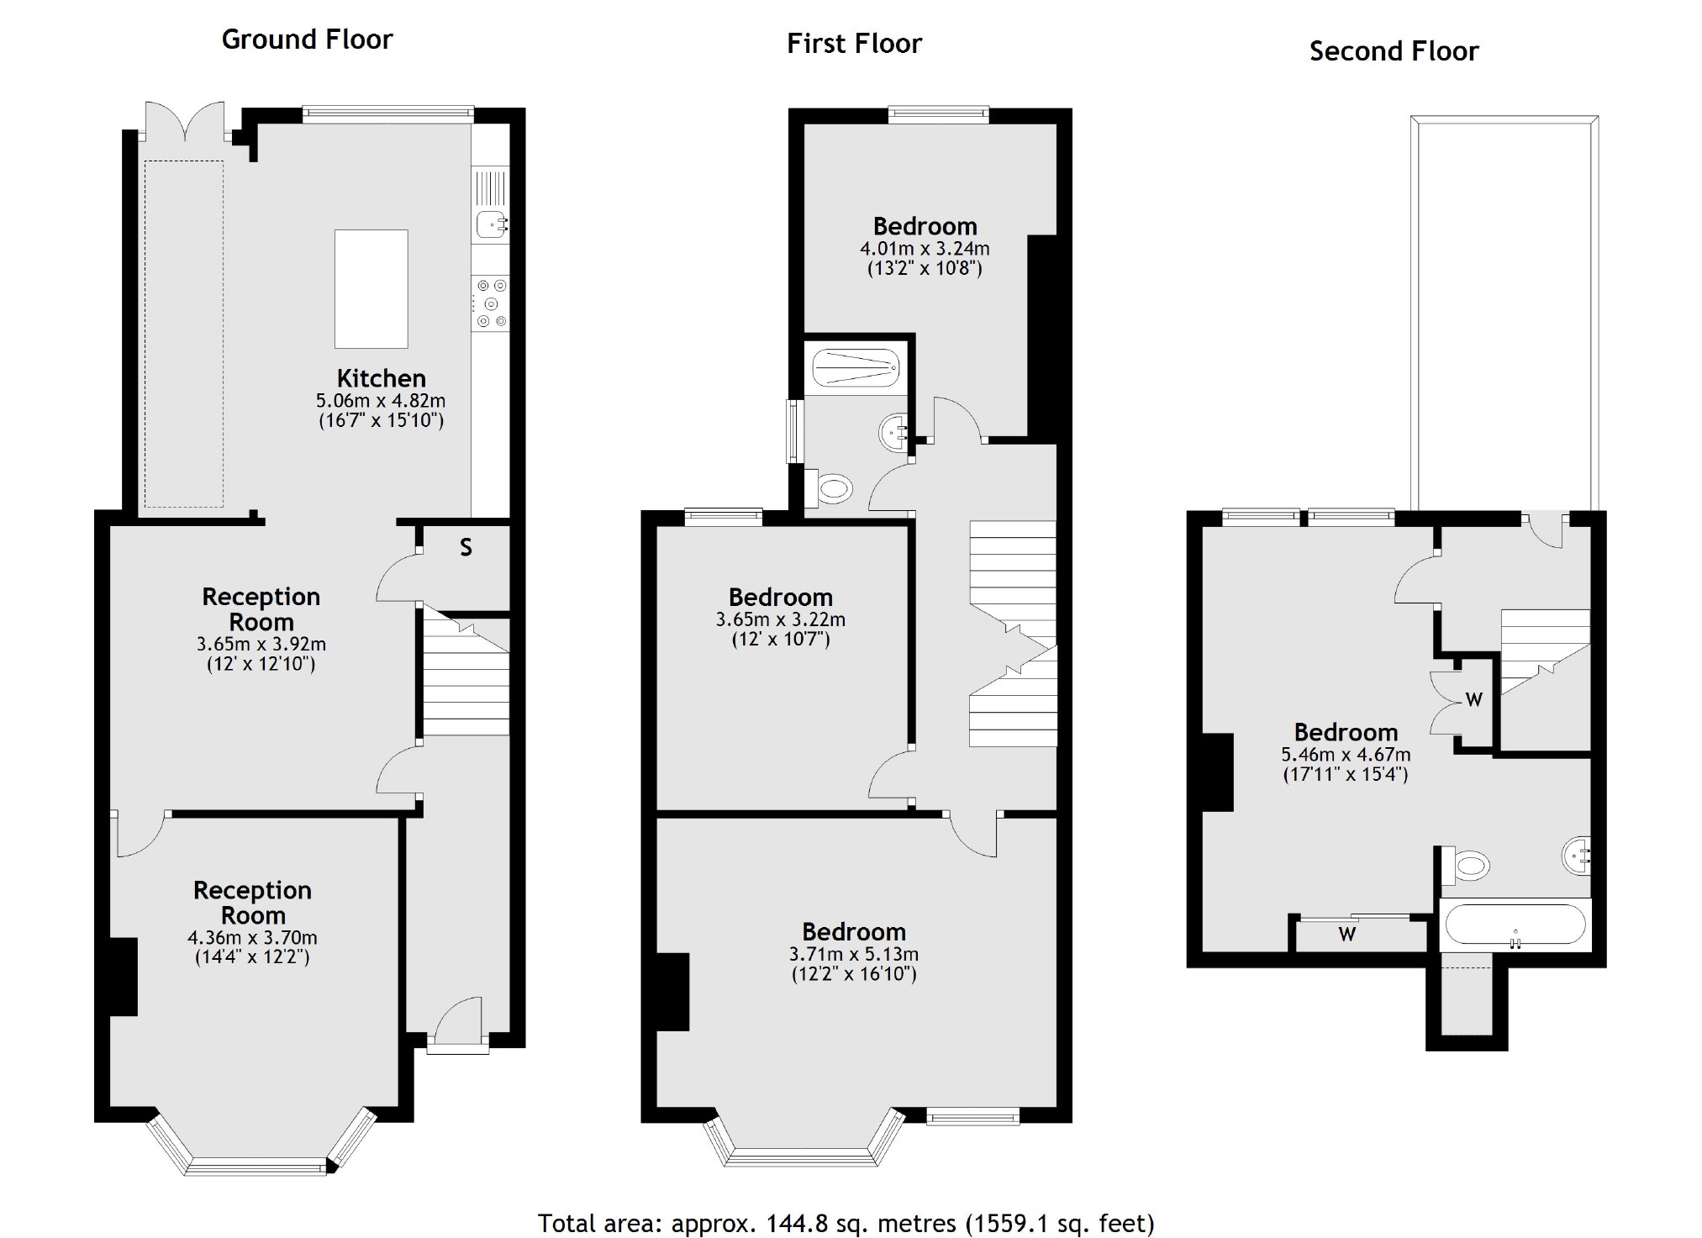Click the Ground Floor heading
coord(307,40)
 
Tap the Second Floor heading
coord(1393,51)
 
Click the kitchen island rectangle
coord(371,289)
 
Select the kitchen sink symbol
coord(491,224)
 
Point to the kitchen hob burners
coord(491,303)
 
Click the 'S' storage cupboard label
coord(466,548)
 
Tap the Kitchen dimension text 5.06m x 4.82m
coord(381,401)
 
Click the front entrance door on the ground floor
coord(458,1024)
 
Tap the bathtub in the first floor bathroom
coord(856,368)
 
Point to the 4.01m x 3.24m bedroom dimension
coord(925,250)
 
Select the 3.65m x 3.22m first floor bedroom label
coord(780,620)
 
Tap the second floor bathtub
coord(1515,925)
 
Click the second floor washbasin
coord(1577,857)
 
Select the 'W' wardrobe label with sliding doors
coord(1346,935)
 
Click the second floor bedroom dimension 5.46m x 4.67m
coord(1345,755)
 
